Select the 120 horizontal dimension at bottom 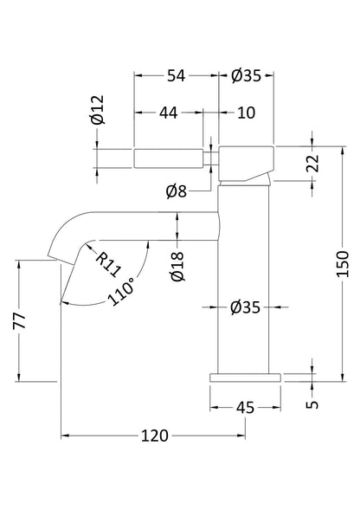(x=153, y=436)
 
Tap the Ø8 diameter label (x=177, y=190)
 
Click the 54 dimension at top (x=177, y=76)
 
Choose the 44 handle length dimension (x=168, y=113)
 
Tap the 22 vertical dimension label (x=314, y=163)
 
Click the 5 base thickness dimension (x=312, y=401)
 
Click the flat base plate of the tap (x=245, y=377)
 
